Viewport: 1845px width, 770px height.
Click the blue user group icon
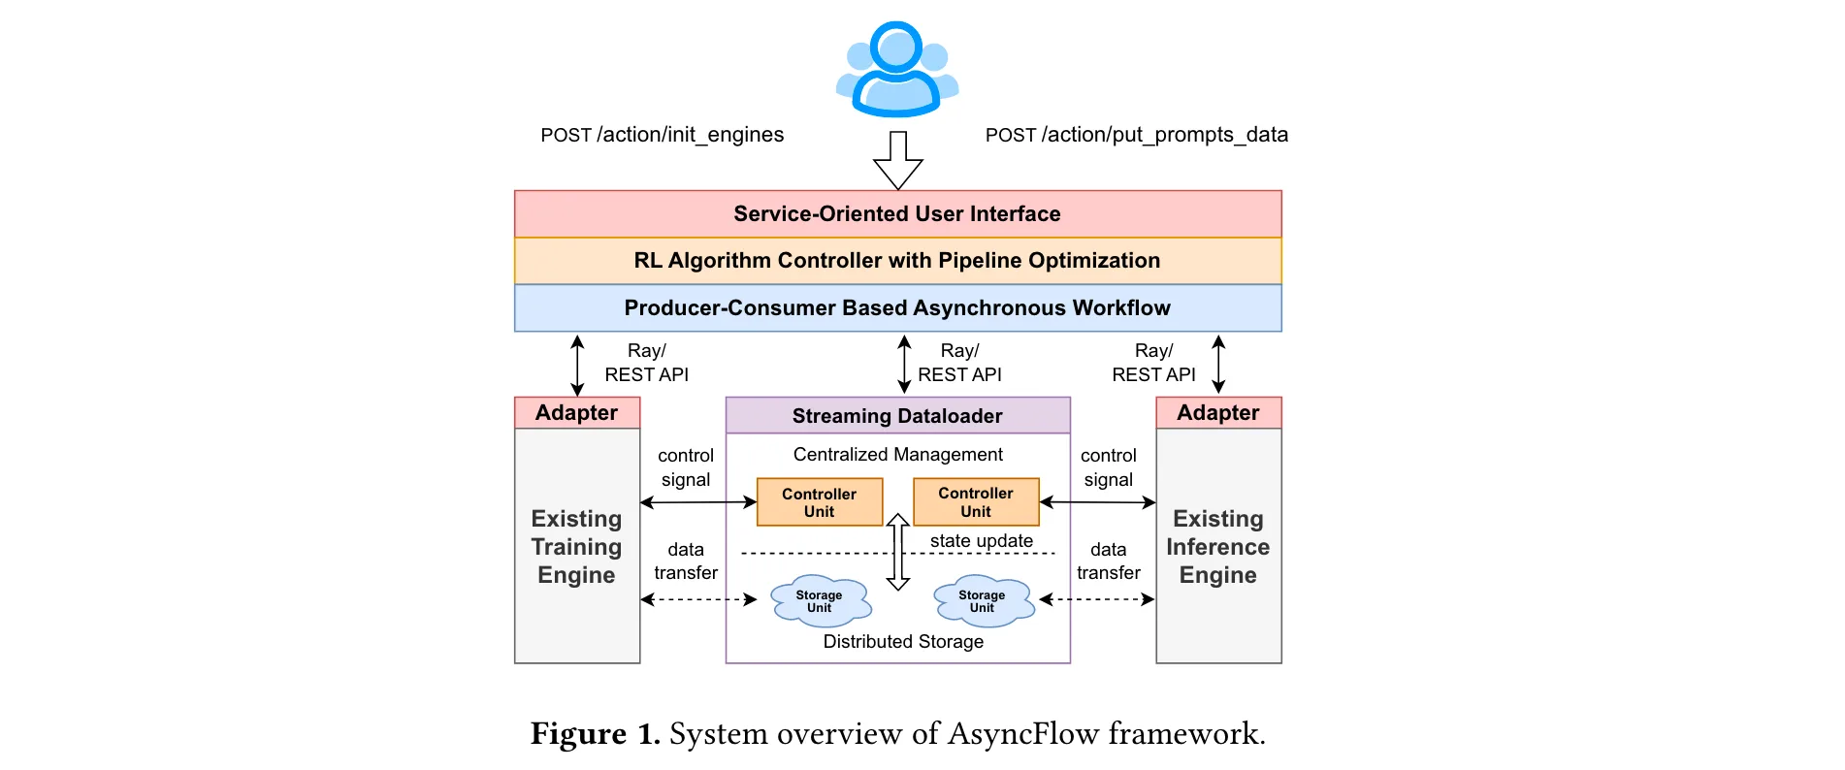897,70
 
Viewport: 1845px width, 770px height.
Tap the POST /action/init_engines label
662,135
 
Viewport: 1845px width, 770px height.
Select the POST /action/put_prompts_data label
1136,135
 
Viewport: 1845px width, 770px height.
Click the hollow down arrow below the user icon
898,161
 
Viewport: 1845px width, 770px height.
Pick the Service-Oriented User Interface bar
897,214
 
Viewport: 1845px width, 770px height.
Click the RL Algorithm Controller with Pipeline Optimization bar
897,261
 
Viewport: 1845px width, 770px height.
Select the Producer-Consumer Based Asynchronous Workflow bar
897,308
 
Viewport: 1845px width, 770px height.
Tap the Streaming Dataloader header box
897,416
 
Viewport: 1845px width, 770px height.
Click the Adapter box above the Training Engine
577,413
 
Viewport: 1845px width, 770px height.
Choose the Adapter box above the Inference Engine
1218,413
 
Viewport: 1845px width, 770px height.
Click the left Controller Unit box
820,502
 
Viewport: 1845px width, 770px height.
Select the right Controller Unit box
976,501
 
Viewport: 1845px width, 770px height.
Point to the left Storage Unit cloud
821,601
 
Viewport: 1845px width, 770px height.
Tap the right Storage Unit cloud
983,601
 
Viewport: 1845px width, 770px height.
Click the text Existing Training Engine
577,547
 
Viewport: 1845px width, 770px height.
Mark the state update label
981,541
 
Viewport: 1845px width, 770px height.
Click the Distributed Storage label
903,642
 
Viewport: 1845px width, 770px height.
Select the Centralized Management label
897,455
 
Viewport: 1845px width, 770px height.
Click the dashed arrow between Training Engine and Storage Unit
698,599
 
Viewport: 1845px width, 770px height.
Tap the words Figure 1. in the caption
595,734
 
